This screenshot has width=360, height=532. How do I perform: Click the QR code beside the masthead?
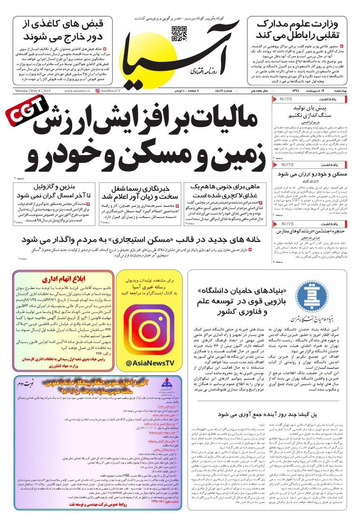click(x=179, y=32)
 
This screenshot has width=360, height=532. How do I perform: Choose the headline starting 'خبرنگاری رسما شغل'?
click(x=140, y=191)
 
